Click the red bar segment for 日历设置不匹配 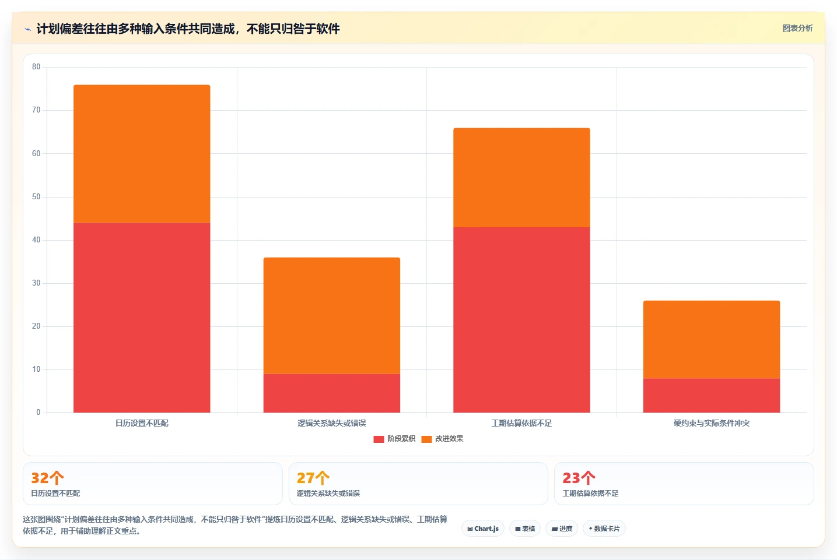[142, 318]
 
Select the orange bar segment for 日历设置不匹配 [142, 154]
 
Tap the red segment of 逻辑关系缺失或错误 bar [332, 393]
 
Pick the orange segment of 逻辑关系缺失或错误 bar [332, 315]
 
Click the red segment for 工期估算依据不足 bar [521, 320]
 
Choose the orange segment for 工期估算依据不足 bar [521, 178]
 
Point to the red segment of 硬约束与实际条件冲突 [712, 395]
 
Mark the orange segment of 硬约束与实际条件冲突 [712, 339]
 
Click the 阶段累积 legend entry [394, 439]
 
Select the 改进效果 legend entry [442, 439]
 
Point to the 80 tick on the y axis [36, 67]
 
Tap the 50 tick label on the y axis [36, 197]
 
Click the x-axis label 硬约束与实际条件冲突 [712, 423]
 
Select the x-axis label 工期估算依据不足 [521, 423]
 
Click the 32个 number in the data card [47, 477]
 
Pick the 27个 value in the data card [313, 477]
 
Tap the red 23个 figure [579, 477]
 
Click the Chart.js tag [483, 529]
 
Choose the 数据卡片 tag [604, 529]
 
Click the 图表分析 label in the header [798, 29]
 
